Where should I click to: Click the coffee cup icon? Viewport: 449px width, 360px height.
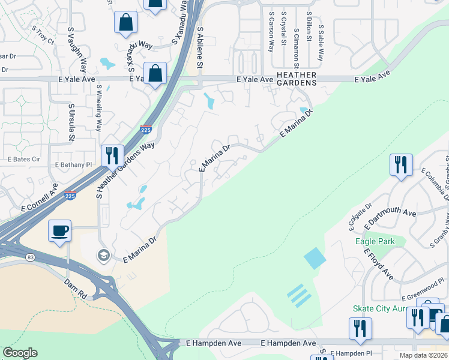pos(60,231)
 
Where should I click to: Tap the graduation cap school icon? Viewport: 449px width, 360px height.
pos(103,256)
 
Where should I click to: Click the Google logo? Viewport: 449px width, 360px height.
pos(20,353)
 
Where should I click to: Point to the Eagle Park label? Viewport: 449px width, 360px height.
pos(375,242)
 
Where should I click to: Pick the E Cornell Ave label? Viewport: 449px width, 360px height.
pos(40,198)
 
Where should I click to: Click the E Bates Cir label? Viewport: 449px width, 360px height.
pos(23,160)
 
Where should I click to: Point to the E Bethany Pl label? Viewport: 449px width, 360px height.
pos(73,164)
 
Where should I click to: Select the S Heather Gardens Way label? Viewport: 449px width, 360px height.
pos(125,170)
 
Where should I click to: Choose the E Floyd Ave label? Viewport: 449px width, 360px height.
pos(378,263)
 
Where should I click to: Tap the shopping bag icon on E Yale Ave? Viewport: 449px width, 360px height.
pos(155,74)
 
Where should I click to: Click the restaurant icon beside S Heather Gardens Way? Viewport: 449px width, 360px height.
pos(112,156)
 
